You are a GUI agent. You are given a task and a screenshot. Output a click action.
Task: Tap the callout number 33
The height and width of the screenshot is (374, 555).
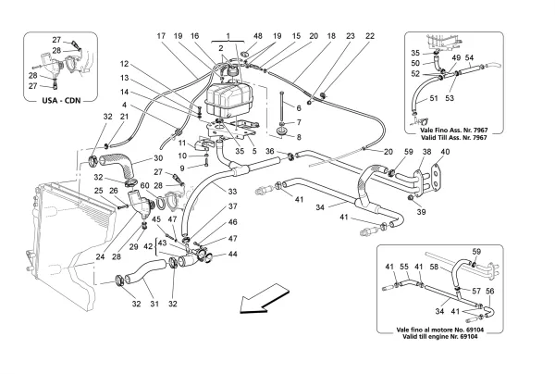coord(231,192)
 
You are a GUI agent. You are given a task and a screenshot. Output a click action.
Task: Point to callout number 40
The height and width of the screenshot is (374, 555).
coord(444,151)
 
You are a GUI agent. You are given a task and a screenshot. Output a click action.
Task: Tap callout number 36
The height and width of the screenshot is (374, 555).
coord(269,151)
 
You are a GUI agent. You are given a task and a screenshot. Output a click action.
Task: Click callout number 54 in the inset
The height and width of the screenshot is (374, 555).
coord(471,58)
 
